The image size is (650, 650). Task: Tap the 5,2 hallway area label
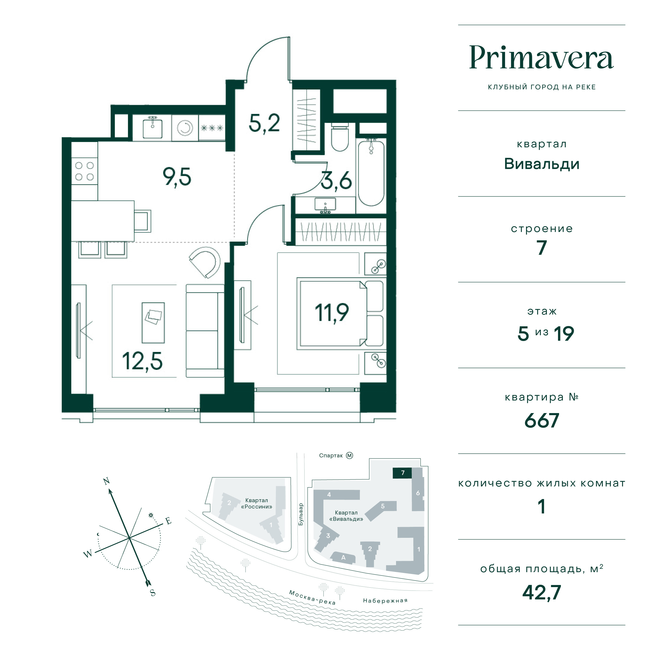point(264,123)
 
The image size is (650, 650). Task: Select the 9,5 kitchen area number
point(177,177)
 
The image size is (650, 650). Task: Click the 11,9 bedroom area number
point(332,313)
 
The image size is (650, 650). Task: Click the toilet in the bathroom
point(339,137)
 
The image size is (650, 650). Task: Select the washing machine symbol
point(185,128)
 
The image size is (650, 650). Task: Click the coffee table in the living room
point(153,323)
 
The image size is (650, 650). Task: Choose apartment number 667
point(542,421)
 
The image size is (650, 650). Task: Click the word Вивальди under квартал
point(542,164)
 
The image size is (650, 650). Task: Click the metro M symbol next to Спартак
point(350,456)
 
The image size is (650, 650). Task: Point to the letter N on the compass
point(107,481)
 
